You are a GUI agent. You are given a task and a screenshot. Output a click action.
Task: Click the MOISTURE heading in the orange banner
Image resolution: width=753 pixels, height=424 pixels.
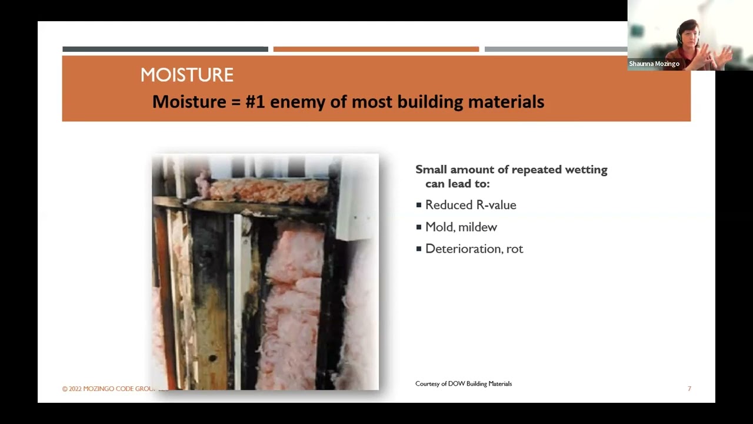click(x=186, y=75)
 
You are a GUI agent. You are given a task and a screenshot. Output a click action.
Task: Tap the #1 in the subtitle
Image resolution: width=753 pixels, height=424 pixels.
click(x=255, y=102)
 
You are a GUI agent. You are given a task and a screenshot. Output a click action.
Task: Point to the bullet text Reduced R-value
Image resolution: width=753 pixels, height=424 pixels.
click(x=471, y=205)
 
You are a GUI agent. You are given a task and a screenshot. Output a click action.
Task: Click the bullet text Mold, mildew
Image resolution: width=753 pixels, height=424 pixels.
click(x=461, y=227)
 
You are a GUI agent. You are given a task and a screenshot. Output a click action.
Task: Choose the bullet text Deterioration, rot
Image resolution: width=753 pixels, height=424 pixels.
click(x=474, y=249)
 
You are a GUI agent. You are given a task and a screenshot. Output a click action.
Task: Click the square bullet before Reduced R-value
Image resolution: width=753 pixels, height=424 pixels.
click(x=419, y=205)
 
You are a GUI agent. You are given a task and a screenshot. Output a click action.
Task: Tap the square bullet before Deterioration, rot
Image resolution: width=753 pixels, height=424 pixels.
click(x=419, y=249)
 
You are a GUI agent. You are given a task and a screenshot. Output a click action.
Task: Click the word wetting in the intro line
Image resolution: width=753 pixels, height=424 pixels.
click(x=586, y=170)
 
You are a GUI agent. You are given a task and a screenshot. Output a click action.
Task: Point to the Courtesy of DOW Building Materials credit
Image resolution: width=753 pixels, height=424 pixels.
click(x=464, y=383)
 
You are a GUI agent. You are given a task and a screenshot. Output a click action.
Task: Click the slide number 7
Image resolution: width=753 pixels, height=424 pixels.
click(x=689, y=389)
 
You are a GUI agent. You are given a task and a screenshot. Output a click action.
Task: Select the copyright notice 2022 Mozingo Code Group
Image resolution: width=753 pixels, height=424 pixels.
click(x=109, y=389)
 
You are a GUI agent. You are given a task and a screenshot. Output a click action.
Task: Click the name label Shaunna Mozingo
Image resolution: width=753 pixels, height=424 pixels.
click(x=654, y=64)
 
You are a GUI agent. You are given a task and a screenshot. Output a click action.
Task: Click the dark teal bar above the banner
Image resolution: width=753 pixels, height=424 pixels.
click(x=165, y=49)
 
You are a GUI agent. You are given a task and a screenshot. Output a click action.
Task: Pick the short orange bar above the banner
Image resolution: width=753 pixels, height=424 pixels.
click(x=376, y=49)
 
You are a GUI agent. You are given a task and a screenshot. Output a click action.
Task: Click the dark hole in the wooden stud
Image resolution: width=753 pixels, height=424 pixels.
click(x=212, y=357)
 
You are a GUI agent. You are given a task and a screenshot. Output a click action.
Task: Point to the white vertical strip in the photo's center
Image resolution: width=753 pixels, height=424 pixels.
click(x=238, y=294)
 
